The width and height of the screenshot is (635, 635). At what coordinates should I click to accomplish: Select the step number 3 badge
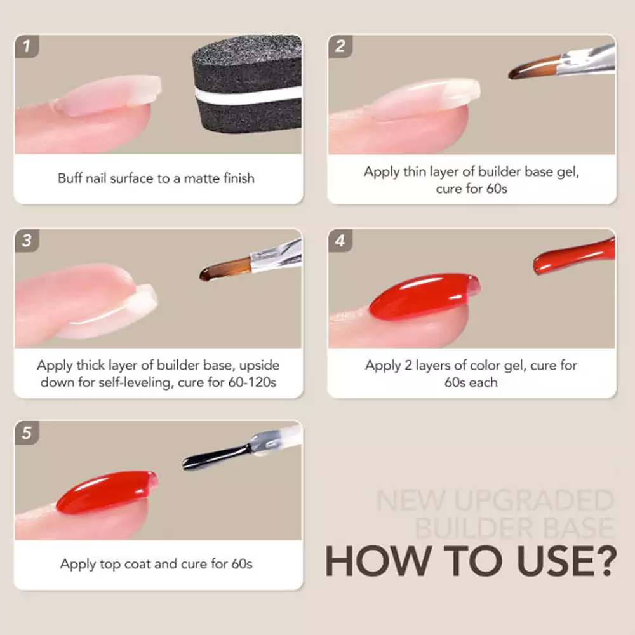click(x=26, y=241)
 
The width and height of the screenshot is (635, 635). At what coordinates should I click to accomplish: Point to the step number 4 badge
click(x=340, y=241)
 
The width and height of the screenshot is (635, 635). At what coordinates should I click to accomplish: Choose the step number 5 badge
click(x=26, y=434)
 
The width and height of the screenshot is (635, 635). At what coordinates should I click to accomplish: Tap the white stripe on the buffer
click(x=248, y=93)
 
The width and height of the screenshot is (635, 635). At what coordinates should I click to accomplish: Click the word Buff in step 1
click(x=70, y=178)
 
